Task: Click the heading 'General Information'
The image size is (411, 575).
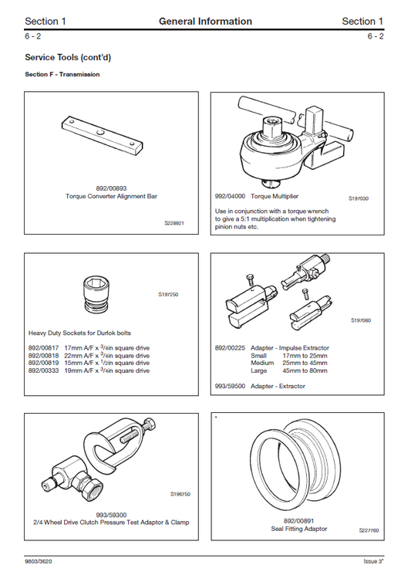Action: (205, 21)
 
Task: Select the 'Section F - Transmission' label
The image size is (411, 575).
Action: (62, 75)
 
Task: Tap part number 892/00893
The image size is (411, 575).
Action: (111, 188)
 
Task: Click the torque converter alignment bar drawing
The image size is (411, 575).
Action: (101, 137)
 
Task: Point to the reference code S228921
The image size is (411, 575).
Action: (174, 223)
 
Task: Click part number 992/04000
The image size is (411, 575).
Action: (230, 198)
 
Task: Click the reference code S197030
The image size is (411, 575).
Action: (359, 198)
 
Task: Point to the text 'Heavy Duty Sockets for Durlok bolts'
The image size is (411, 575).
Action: (77, 333)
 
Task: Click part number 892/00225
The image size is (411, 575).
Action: (230, 348)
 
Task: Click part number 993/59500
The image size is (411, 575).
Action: (230, 386)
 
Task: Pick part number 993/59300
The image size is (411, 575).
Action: (112, 515)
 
